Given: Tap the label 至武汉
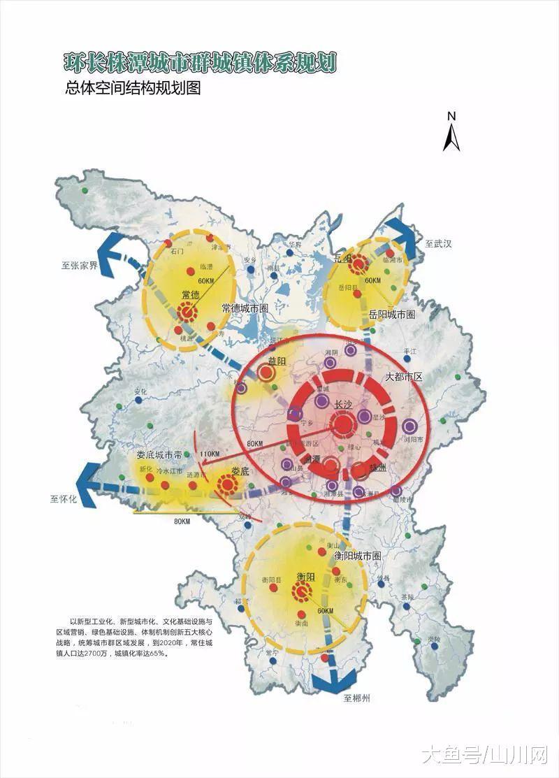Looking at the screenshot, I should tap(439, 244).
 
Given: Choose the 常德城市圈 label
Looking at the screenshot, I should tap(245, 308).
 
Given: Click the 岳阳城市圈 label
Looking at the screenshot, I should tap(392, 315).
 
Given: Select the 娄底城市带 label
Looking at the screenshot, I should tap(159, 455).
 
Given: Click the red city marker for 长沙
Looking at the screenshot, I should tap(343, 424).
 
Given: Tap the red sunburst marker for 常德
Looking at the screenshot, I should tap(187, 314).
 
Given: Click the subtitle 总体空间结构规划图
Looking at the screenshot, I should tap(133, 89).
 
